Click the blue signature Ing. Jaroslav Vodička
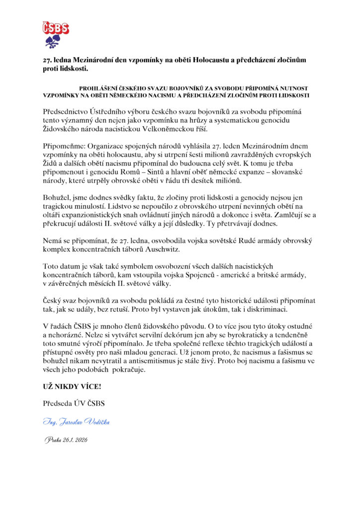[76, 422]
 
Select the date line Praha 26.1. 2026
[66, 440]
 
